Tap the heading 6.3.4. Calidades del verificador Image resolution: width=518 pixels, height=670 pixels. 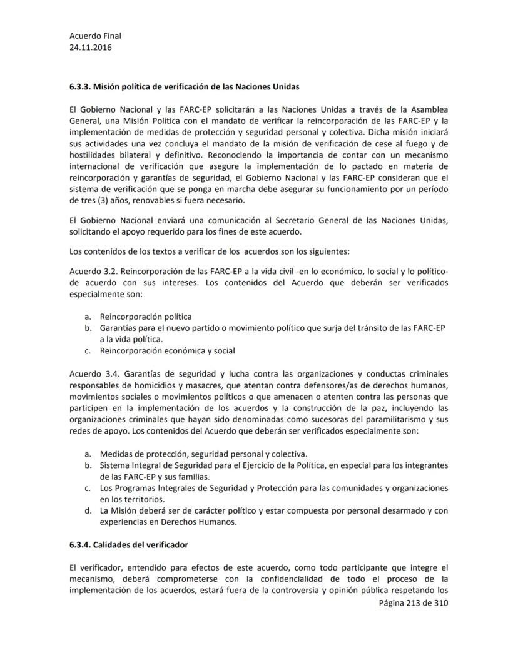click(x=129, y=545)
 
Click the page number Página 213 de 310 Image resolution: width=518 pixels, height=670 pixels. click(x=414, y=603)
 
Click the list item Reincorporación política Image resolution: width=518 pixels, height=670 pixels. click(x=146, y=317)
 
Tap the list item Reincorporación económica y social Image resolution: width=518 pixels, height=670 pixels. click(x=167, y=350)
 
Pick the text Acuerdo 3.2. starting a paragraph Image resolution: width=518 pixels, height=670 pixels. click(x=93, y=272)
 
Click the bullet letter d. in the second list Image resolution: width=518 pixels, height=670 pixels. click(x=88, y=510)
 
